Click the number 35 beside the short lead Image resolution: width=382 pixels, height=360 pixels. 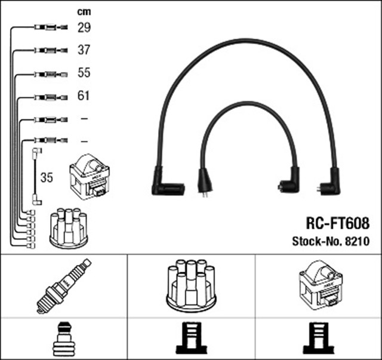click(x=47, y=178)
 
